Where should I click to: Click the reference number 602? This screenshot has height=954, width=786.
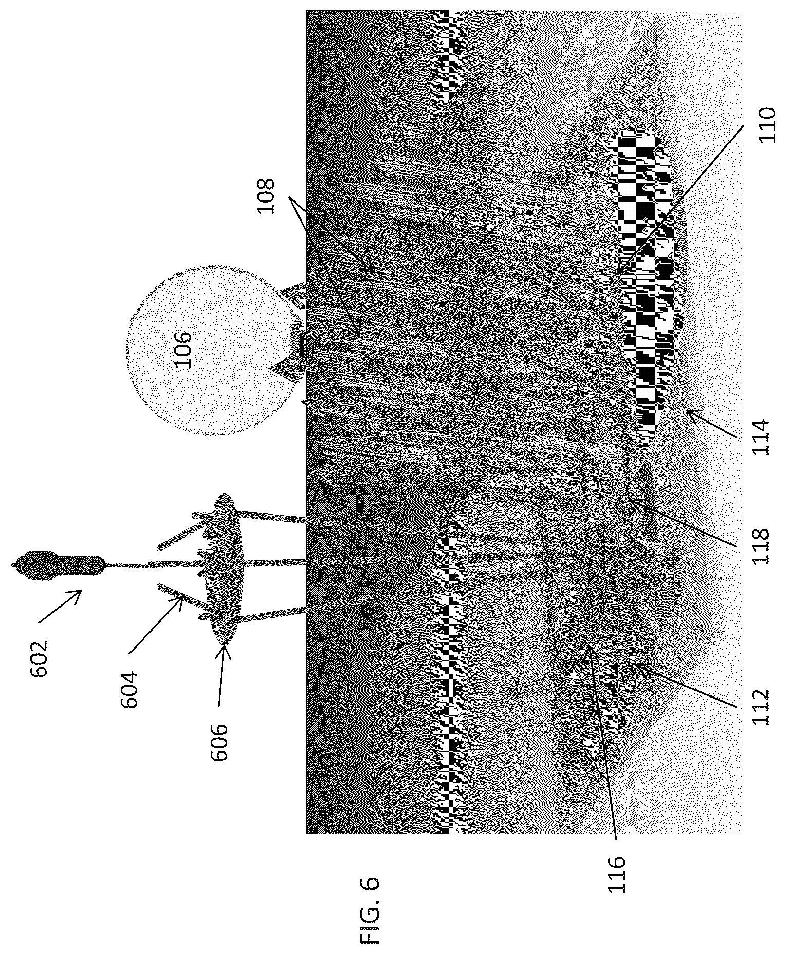coord(39,659)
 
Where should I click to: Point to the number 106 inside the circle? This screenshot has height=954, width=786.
coord(182,350)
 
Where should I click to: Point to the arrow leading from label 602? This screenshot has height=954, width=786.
coord(60,607)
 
